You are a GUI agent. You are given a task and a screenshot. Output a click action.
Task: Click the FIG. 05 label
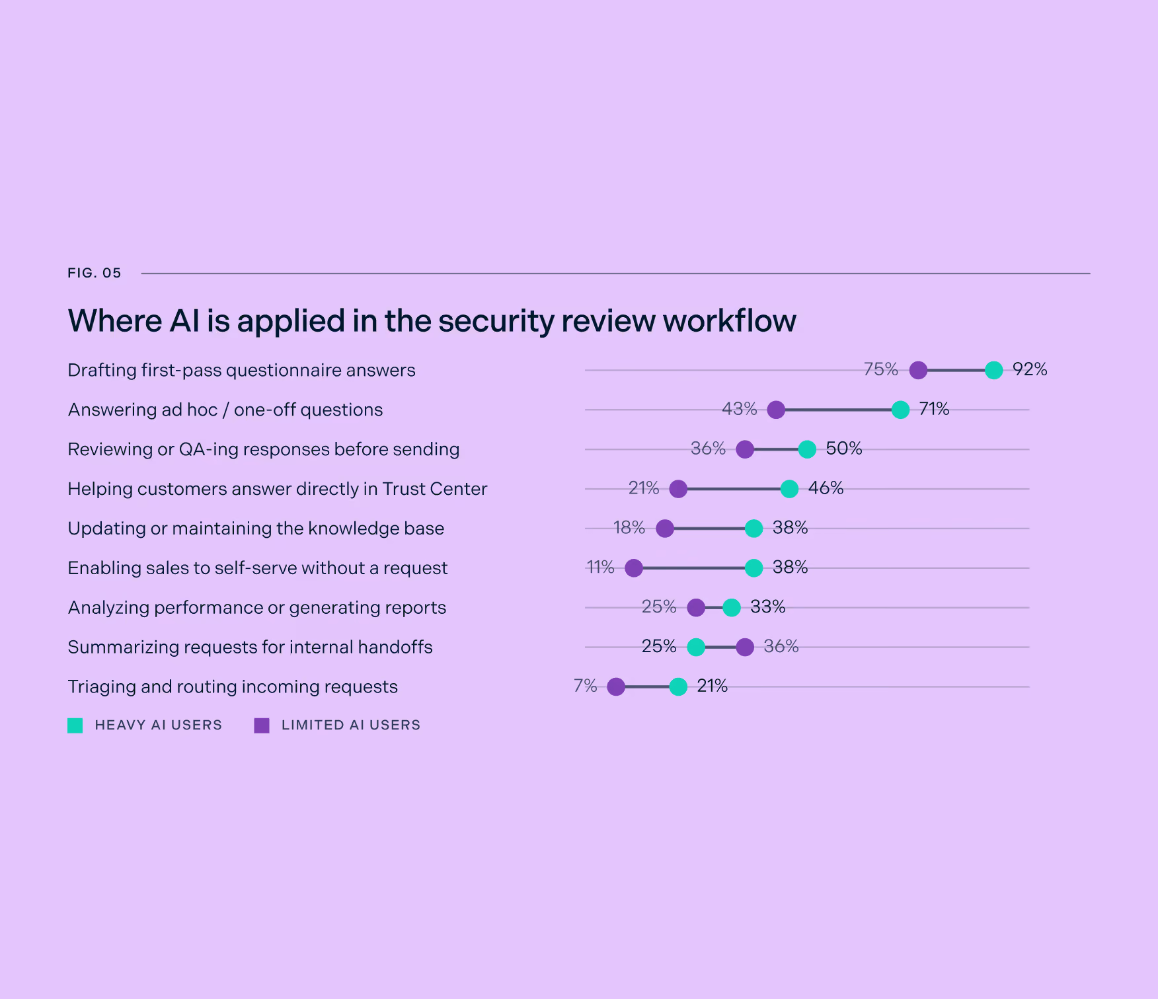coord(95,273)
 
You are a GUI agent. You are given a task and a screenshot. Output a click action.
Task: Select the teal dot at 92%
coord(993,370)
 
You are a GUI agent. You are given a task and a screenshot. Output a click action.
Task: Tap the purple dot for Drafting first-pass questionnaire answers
coord(918,370)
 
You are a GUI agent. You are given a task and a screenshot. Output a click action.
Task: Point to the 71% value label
coord(934,409)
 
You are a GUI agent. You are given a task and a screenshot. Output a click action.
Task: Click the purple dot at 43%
coord(776,410)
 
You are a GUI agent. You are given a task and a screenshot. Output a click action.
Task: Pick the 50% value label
coord(844,449)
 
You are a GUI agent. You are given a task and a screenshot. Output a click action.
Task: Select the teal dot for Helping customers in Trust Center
coord(789,489)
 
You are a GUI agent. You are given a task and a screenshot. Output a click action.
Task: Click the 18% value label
coord(629,527)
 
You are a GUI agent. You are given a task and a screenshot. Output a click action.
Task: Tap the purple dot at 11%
coord(634,568)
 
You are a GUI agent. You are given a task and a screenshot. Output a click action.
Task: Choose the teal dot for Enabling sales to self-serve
coord(753,568)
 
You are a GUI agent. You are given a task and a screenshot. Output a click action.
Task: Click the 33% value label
coord(768,607)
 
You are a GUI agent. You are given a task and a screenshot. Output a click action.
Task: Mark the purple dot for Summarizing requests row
coord(745,647)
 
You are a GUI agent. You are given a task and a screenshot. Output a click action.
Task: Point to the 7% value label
coord(586,686)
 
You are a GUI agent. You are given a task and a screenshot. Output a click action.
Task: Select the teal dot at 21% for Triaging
coord(678,686)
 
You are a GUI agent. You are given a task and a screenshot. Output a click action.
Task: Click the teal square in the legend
coord(75,725)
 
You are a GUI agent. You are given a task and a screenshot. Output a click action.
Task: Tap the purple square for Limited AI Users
coord(262,725)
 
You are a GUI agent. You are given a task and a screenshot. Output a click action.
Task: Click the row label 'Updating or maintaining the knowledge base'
coord(256,529)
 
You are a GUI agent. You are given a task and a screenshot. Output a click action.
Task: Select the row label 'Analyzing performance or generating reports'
coord(257,608)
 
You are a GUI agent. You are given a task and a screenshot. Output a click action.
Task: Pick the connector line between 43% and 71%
coord(838,410)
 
